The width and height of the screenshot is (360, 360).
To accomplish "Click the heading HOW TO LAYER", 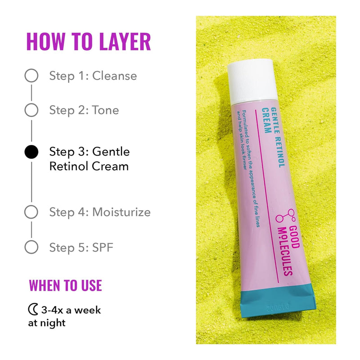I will click(89, 41).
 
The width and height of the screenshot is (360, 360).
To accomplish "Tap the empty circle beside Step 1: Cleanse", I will click(31, 76).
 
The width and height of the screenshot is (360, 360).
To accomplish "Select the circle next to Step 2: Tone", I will click(31, 110).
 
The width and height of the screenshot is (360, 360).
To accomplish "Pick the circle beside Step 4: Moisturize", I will click(31, 212).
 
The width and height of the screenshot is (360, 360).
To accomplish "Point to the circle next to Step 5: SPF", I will click(31, 247).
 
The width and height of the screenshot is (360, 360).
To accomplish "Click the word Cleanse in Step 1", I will click(114, 76).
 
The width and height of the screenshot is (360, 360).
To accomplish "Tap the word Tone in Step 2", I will click(105, 110).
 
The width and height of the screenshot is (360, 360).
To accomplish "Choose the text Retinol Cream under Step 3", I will click(89, 166).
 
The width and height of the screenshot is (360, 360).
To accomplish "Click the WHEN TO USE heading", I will click(65, 285).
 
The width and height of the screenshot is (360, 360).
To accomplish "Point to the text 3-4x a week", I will click(71, 310).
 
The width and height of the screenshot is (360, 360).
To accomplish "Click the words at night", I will click(47, 323).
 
